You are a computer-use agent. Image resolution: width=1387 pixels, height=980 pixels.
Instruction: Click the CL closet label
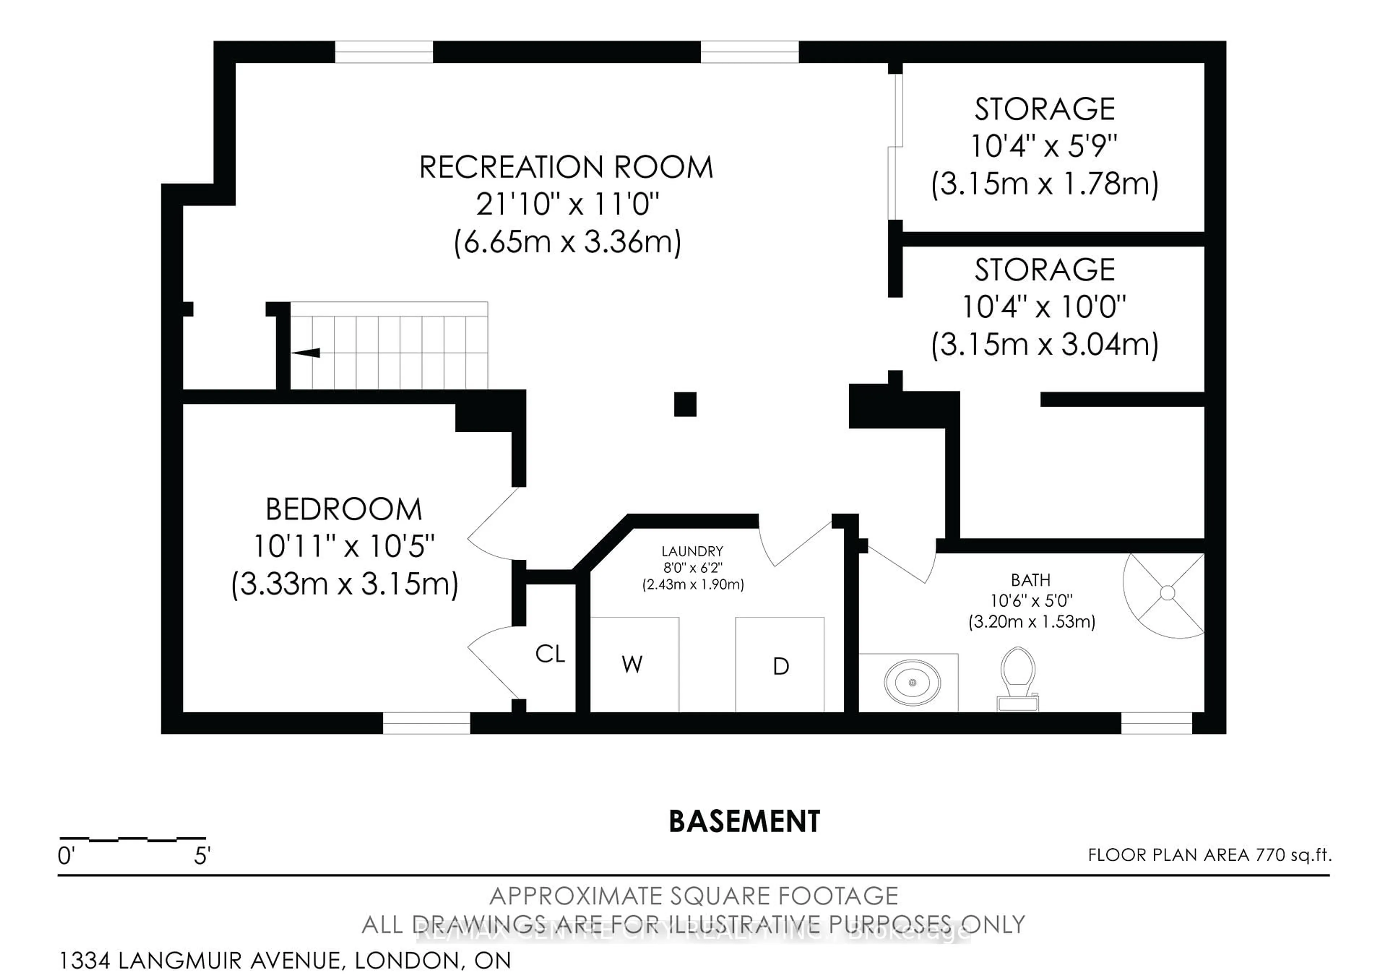click(x=550, y=653)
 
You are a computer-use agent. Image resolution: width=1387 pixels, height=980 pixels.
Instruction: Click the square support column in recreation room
click(x=685, y=404)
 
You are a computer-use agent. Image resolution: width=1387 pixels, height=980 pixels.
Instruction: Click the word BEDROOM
click(x=344, y=509)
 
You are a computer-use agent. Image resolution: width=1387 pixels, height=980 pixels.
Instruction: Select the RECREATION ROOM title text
click(x=566, y=167)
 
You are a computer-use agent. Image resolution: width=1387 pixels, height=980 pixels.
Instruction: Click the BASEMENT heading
click(x=744, y=821)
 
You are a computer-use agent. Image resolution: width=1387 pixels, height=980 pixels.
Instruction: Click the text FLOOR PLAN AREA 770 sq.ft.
click(x=1209, y=855)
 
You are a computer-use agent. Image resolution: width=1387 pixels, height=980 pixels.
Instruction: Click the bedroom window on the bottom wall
click(x=427, y=723)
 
